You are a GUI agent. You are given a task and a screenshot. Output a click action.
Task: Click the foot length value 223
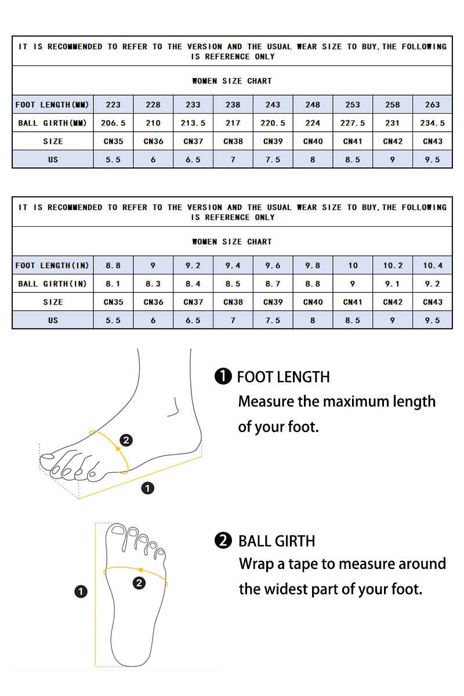[113, 105]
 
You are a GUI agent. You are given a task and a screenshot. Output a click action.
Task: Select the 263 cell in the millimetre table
[432, 105]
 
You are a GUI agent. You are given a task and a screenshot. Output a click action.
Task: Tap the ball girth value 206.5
[113, 123]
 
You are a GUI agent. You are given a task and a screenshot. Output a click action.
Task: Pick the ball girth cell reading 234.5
[432, 123]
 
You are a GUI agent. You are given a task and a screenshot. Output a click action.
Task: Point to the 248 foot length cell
[313, 105]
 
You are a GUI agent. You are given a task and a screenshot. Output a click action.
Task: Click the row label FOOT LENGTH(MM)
[52, 105]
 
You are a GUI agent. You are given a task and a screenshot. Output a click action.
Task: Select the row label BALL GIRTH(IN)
[52, 284]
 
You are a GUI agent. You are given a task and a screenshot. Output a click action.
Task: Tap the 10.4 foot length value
[432, 266]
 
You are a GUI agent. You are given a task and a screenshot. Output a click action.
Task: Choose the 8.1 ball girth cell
[113, 284]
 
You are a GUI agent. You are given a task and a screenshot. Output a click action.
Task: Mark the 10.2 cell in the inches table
[393, 266]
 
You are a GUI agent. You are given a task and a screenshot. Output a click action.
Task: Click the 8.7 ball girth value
[273, 284]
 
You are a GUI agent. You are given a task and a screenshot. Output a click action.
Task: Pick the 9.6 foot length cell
[273, 266]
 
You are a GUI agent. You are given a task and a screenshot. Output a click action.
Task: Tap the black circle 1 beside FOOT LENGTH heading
[223, 377]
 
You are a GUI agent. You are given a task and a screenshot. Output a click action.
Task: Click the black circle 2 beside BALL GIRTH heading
[223, 541]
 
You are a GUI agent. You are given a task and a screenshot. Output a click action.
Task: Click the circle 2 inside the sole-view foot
[139, 583]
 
